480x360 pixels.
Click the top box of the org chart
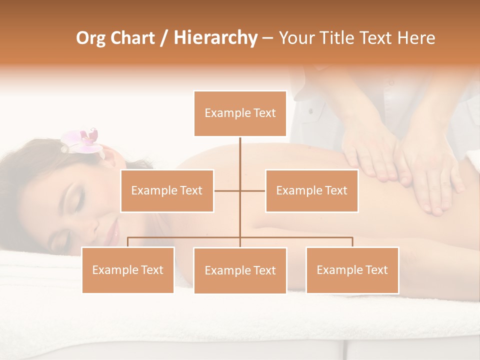[x=240, y=113]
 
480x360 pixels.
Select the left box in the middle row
[x=167, y=190]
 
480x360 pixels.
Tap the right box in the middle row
[x=311, y=190]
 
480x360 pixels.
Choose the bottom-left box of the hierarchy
[x=128, y=270]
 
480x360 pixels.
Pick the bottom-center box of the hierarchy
[x=240, y=270]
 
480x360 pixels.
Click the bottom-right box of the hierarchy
[x=352, y=270]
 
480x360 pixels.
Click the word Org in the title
[x=91, y=38]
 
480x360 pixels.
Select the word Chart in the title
[x=132, y=38]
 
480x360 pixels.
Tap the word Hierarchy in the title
[x=215, y=38]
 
